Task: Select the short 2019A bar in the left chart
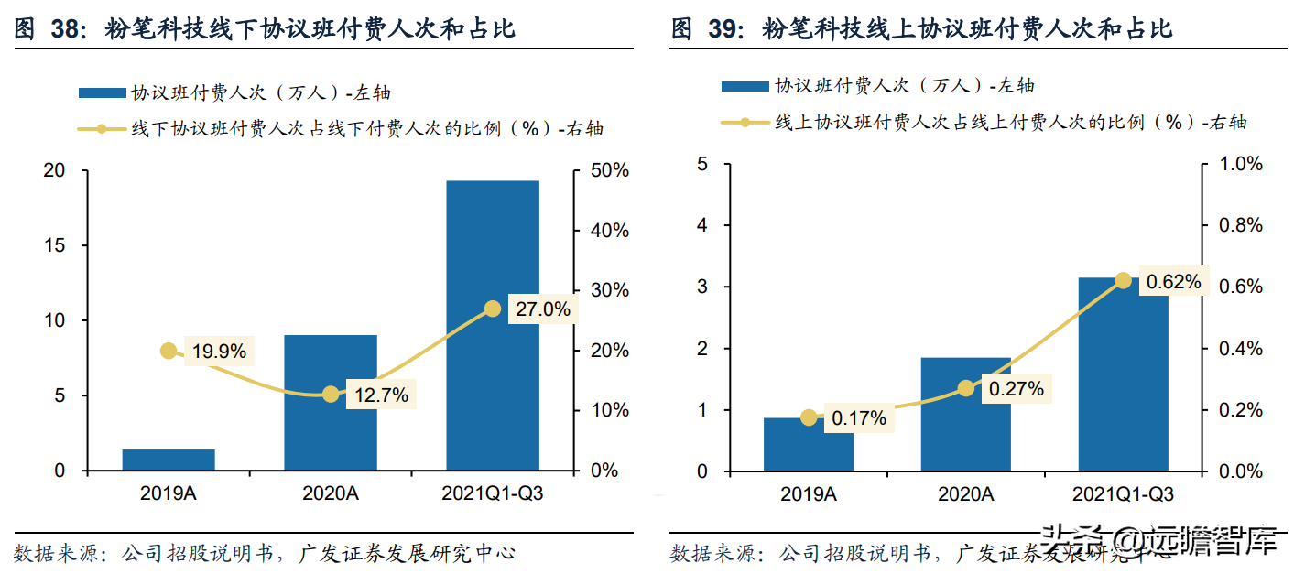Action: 169,460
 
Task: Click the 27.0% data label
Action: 542,309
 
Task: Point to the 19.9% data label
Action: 219,351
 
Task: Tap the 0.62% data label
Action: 1173,282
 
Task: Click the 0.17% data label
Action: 859,418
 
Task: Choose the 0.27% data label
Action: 1016,389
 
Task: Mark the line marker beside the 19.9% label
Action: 169,351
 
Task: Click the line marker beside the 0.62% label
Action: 1123,280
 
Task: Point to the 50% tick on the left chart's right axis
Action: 608,171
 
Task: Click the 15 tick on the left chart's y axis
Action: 54,245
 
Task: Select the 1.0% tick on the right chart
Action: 1239,164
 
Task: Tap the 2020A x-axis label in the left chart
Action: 331,494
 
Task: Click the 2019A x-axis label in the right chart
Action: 809,495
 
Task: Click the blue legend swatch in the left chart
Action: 102,92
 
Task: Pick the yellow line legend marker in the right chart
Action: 745,122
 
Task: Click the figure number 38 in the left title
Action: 68,29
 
